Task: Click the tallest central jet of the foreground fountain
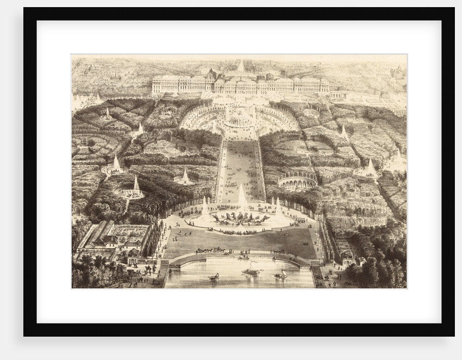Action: pos(241,196)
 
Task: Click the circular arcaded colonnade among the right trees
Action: pos(297,181)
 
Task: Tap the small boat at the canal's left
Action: pos(214,276)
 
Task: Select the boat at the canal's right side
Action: pos(280,275)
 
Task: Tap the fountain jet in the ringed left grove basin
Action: pos(136,188)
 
